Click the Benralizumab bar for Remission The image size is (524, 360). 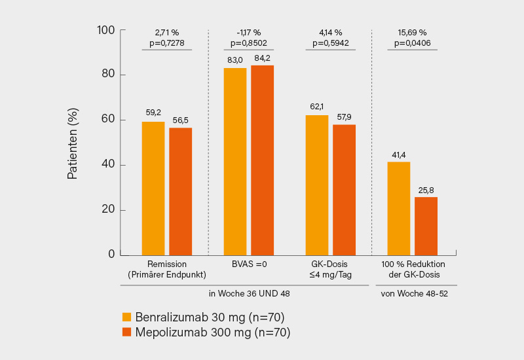pos(153,189)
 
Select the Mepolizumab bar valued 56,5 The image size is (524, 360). pos(180,191)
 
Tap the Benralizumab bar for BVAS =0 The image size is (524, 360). pos(235,161)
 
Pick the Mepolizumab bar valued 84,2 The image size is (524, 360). pos(262,160)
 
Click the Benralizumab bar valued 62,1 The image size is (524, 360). pos(317,185)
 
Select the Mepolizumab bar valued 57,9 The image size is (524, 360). pos(344,190)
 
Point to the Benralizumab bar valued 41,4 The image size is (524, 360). pos(399,208)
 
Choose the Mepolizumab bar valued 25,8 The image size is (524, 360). pos(426,226)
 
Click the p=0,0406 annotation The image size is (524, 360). pos(413,43)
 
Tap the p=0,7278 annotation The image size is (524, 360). pos(166,43)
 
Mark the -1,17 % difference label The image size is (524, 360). pos(248,32)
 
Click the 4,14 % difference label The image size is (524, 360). pos(331,32)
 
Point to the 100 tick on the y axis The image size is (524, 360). pos(105,30)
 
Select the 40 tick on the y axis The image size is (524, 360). pos(108,165)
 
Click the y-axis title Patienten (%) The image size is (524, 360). pos(73,143)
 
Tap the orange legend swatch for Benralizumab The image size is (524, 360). pos(127,317)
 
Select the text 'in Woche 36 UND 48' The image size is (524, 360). pos(249,293)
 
